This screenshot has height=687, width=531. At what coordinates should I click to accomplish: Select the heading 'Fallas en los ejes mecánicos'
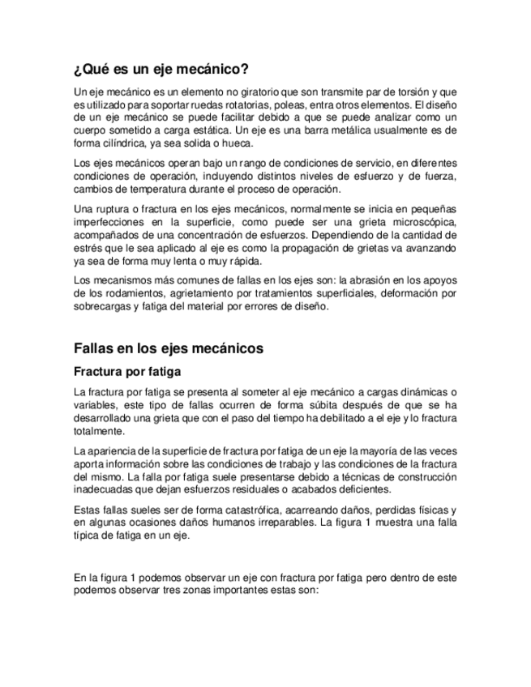pyautogui.click(x=169, y=348)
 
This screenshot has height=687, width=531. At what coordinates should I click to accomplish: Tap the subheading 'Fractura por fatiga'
pyautogui.click(x=126, y=373)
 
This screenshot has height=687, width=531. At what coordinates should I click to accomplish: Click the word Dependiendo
pyautogui.click(x=355, y=235)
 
